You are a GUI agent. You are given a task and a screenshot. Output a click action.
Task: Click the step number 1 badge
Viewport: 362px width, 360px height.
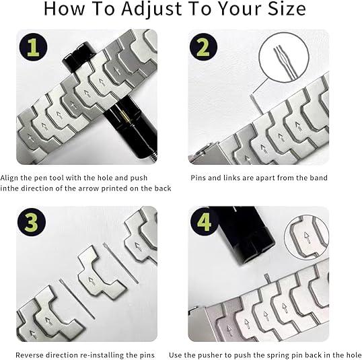[31, 48]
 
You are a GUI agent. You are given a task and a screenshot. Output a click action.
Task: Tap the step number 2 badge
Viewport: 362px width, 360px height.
[203, 48]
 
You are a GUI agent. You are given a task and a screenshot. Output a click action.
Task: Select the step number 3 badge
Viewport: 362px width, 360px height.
[31, 221]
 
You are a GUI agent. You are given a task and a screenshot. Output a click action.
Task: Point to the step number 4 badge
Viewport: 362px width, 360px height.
[203, 221]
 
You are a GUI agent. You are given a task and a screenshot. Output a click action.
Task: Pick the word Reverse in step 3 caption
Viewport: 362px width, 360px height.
[32, 355]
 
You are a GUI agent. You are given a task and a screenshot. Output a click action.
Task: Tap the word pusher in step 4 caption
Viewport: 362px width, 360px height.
[227, 355]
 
